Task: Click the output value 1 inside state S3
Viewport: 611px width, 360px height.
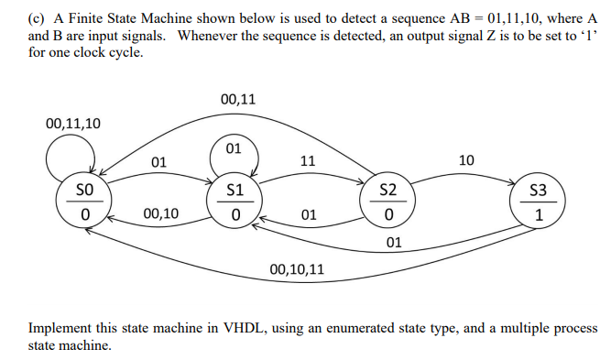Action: point(540,216)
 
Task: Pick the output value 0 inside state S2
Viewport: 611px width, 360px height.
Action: point(388,215)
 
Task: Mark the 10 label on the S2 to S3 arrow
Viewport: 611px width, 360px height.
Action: point(465,160)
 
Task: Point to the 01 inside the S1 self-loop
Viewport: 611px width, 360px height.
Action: point(233,147)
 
